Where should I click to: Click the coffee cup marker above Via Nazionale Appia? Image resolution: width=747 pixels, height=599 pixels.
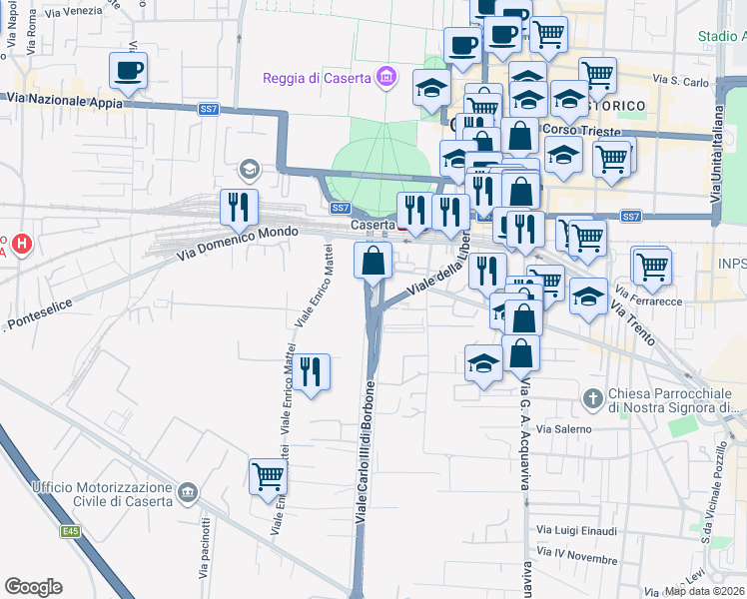pos(129,71)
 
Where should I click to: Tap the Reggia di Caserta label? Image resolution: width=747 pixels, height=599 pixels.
pos(316,79)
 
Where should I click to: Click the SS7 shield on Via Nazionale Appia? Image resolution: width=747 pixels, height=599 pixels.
pos(208,109)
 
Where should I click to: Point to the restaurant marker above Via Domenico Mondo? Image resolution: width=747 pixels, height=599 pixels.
pos(239,208)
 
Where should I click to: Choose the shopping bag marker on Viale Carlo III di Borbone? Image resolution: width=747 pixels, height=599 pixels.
pos(373,262)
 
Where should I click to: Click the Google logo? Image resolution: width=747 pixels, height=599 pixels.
pos(33,587)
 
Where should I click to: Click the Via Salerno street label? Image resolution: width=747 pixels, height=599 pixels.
pos(563,428)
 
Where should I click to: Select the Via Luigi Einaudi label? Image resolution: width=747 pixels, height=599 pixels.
pos(577,530)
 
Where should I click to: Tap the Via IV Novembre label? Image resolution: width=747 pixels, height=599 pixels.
pos(578,557)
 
